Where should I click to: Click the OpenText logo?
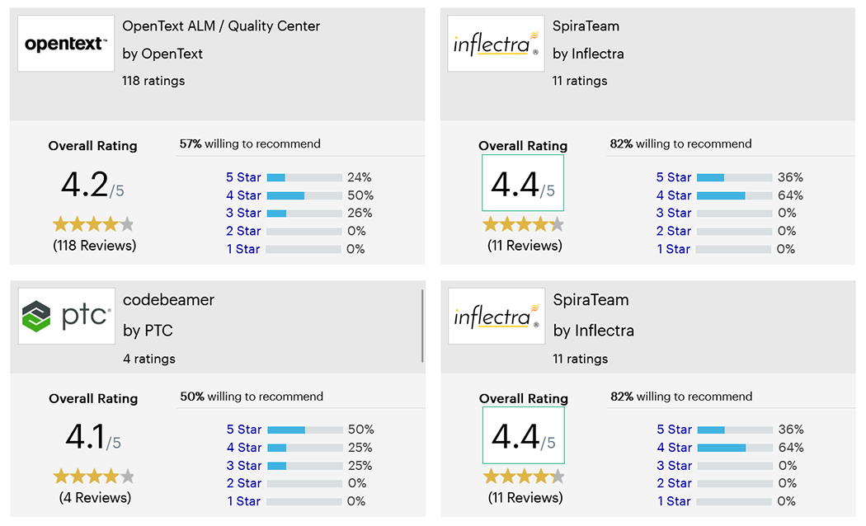[x=66, y=44]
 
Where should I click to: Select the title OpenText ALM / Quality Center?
[x=221, y=26]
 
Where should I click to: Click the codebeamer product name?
[x=168, y=300]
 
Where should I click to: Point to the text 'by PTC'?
[x=148, y=331]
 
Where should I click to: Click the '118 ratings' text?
[x=153, y=81]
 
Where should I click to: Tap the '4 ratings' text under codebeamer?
[x=148, y=359]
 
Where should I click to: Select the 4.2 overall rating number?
[x=85, y=186]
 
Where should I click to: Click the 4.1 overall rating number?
[x=87, y=438]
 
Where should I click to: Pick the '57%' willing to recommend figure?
[x=191, y=143]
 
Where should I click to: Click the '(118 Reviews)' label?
[x=94, y=246]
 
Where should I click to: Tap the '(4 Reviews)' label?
[x=95, y=498]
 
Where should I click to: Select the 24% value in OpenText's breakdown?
[x=360, y=177]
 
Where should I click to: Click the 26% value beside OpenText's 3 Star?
[x=360, y=213]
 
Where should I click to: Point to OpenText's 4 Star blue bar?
[x=285, y=195]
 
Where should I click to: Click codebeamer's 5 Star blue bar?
[x=286, y=430]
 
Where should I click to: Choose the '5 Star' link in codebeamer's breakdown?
[x=244, y=430]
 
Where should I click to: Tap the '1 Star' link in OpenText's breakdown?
[x=243, y=249]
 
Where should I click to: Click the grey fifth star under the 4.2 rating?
[x=126, y=224]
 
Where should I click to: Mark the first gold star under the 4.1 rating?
[x=61, y=477]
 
